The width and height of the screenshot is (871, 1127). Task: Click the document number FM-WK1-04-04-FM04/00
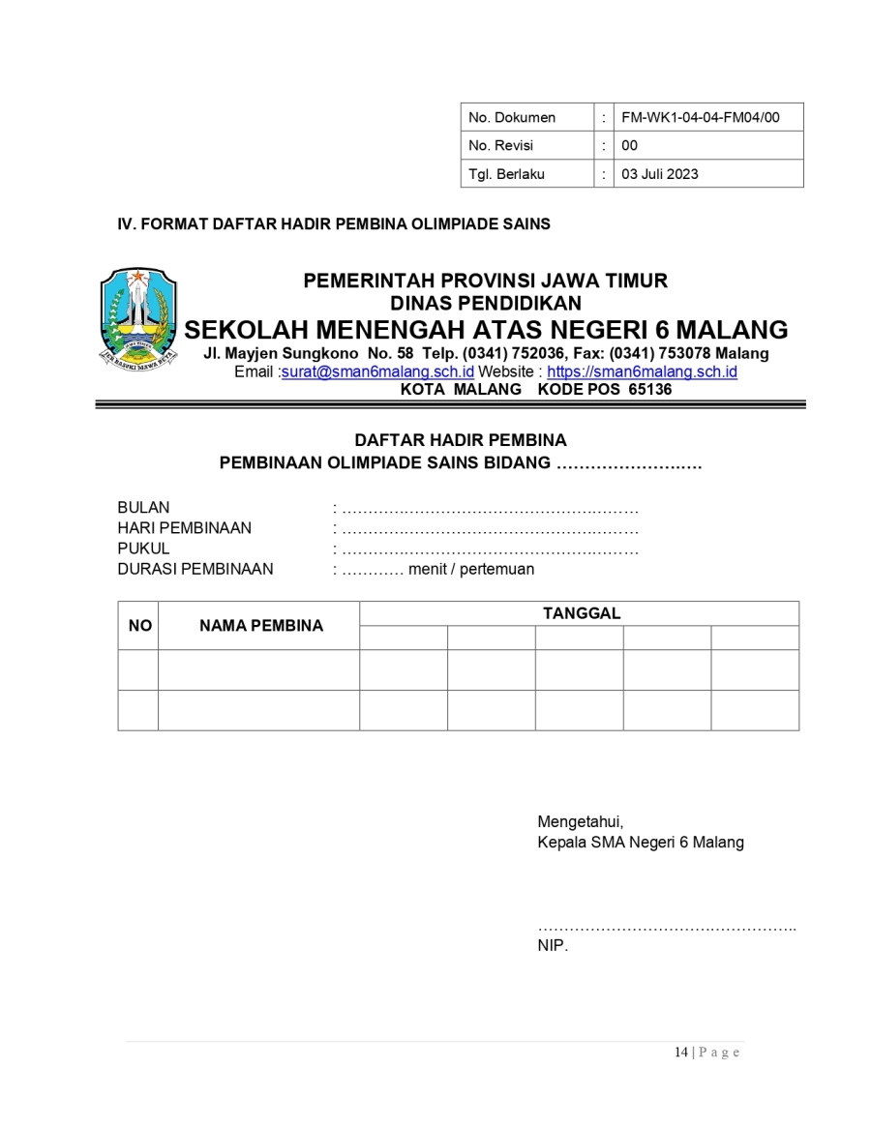point(700,118)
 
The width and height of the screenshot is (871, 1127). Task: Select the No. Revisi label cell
point(500,146)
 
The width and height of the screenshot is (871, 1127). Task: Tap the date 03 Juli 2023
point(659,174)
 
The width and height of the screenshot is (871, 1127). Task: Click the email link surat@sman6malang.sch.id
point(377,372)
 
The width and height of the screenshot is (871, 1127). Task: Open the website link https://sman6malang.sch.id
point(643,372)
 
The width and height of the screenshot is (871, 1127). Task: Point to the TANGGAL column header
point(581,613)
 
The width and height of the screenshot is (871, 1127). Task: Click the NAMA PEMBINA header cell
point(260,626)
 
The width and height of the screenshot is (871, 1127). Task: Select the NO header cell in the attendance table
point(139,626)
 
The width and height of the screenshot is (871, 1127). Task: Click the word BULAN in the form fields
point(143,508)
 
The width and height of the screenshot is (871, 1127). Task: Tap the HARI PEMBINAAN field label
point(184,528)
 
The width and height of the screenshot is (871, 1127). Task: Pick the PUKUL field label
point(143,549)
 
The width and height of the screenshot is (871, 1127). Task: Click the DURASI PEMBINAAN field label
point(195,569)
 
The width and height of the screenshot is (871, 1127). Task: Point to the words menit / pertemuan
point(470,569)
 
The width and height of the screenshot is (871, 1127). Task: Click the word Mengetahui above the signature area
point(580,822)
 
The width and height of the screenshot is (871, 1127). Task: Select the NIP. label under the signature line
point(553,946)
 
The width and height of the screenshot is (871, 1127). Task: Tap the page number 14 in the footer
point(680,1053)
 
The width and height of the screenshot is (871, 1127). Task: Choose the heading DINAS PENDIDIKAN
point(485,304)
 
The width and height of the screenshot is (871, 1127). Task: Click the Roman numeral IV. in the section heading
point(126,224)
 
